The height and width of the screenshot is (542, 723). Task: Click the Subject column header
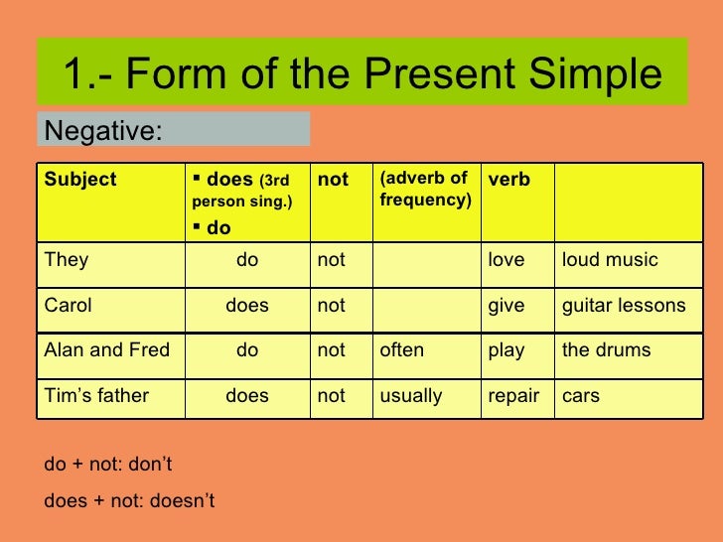coord(80,180)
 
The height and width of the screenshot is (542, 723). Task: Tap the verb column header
coord(508,180)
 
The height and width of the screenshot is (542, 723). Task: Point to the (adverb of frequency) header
coord(424,189)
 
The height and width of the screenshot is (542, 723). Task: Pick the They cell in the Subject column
coord(67,260)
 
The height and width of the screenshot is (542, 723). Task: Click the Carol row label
coord(69,306)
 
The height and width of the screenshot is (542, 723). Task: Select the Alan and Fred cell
coord(107,350)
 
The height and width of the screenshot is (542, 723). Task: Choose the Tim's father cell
coord(96,396)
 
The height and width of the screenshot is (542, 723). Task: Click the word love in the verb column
coord(506,260)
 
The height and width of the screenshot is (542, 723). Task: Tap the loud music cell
coord(610,260)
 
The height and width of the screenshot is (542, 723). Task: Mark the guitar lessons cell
coord(624,306)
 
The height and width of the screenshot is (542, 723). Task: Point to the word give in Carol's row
coord(506,306)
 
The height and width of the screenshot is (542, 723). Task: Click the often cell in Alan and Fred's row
coord(401,350)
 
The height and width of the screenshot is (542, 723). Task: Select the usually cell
coord(411,396)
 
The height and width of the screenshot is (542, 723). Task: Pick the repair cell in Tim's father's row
coord(512,396)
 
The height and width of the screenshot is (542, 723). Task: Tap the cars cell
coord(582,396)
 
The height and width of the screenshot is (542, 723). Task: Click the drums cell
coord(607,350)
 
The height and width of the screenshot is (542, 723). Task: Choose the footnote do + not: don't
coord(108,464)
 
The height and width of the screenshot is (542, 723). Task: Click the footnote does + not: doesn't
coord(129,501)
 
